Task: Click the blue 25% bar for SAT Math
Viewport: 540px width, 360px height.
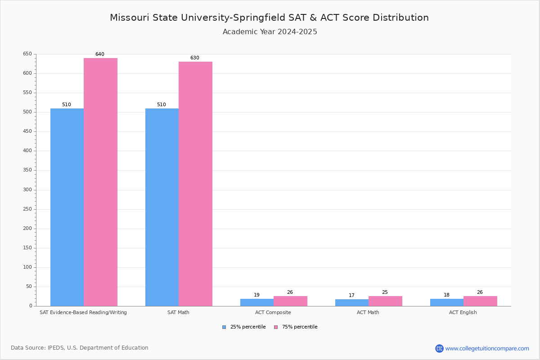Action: (162, 207)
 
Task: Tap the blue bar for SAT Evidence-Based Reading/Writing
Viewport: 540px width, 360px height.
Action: (67, 207)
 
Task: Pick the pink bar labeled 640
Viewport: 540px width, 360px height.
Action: (100, 182)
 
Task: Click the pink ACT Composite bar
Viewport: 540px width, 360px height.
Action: (290, 301)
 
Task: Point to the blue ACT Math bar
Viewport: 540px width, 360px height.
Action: (352, 303)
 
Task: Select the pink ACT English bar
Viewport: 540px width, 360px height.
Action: (480, 301)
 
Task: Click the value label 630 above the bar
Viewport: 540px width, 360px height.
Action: (194, 58)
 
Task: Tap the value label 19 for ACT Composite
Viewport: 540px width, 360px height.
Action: (256, 295)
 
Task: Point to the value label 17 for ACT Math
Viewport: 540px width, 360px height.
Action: (351, 296)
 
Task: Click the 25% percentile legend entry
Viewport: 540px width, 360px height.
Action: (244, 327)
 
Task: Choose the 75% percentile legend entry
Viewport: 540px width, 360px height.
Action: (296, 327)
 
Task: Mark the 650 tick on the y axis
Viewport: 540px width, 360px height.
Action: (27, 54)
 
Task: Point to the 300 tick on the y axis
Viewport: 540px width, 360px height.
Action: (27, 190)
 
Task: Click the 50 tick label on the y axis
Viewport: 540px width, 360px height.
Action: (29, 287)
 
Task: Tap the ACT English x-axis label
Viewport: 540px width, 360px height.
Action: (463, 312)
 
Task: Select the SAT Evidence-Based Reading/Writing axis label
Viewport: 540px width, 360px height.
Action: (83, 312)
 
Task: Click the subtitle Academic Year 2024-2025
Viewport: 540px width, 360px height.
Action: (270, 32)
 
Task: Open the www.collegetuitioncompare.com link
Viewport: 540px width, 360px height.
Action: (487, 348)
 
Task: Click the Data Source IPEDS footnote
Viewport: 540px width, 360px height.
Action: (80, 348)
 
